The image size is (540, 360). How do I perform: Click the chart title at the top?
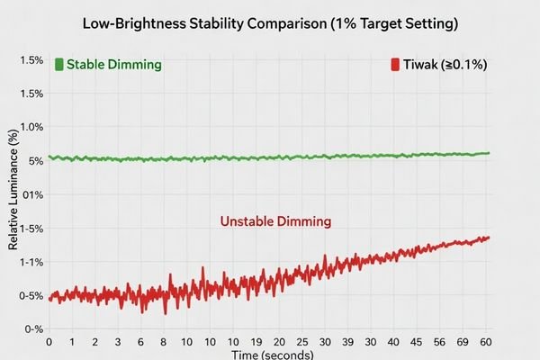pyautogui.click(x=270, y=22)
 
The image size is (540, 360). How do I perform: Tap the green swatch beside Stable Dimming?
pyautogui.click(x=58, y=65)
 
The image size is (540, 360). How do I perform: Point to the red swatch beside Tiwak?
pyautogui.click(x=394, y=65)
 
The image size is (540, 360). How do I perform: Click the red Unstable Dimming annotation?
pyautogui.click(x=275, y=220)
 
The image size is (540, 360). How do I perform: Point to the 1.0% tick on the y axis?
pyautogui.click(x=31, y=127)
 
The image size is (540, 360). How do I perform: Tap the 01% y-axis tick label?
pyautogui.click(x=32, y=194)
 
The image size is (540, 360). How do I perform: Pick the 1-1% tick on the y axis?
pyautogui.click(x=31, y=262)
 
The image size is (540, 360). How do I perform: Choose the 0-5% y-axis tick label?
pyautogui.click(x=31, y=295)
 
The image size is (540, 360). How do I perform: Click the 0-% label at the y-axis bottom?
pyautogui.click(x=33, y=329)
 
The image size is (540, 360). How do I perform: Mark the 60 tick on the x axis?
pyautogui.click(x=486, y=343)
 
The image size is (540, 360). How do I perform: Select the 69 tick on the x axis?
pyautogui.click(x=462, y=343)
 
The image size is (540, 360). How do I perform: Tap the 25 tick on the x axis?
pyautogui.click(x=301, y=343)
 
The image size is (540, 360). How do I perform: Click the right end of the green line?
pyautogui.click(x=489, y=153)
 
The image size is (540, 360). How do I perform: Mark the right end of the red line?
pyautogui.click(x=489, y=238)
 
